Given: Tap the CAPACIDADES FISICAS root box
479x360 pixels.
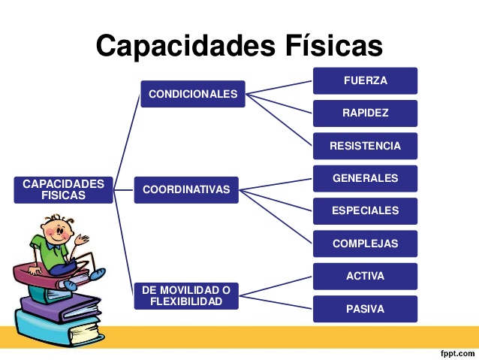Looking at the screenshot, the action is [x=64, y=189].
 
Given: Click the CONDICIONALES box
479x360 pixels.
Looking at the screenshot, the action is [x=193, y=94].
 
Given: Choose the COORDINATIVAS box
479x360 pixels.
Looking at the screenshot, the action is [x=186, y=190].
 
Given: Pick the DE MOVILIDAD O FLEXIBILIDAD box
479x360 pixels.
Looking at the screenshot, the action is [x=186, y=295].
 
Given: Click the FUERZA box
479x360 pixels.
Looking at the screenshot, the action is [x=365, y=80].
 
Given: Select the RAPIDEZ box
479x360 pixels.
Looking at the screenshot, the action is [x=365, y=113].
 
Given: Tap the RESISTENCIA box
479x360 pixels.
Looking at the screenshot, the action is [x=365, y=146].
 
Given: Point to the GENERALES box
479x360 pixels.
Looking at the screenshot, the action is [x=365, y=179].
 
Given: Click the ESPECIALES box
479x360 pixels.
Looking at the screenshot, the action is [x=365, y=211].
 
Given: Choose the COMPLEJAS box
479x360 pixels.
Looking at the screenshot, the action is [x=365, y=244].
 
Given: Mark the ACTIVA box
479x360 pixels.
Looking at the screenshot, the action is [x=365, y=276].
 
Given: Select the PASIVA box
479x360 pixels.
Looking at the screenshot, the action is [x=365, y=309].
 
